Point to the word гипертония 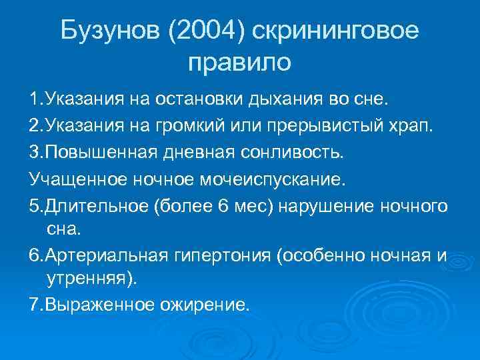220,257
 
